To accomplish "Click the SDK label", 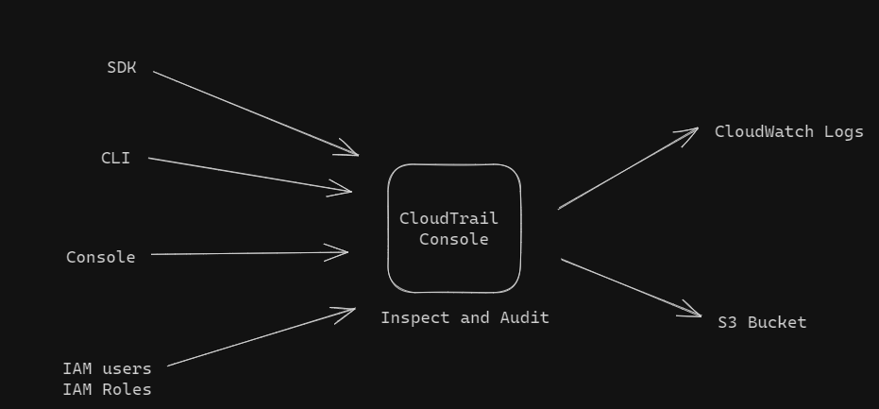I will [x=122, y=67].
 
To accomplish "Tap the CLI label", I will [x=115, y=158].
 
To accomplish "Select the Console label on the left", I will [x=100, y=257].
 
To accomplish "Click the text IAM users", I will [x=107, y=368].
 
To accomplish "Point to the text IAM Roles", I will [x=107, y=389].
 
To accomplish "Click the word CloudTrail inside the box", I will [x=448, y=219].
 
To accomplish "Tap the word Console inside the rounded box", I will [x=454, y=240].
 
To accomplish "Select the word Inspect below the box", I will [x=415, y=318].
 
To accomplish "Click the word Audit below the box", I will [x=524, y=318].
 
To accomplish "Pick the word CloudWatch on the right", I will [x=763, y=132].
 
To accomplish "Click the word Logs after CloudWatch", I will [x=843, y=132].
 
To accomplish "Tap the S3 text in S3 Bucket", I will [x=727, y=323].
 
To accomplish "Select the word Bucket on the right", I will [x=777, y=323].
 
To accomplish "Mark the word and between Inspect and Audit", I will [x=475, y=318].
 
